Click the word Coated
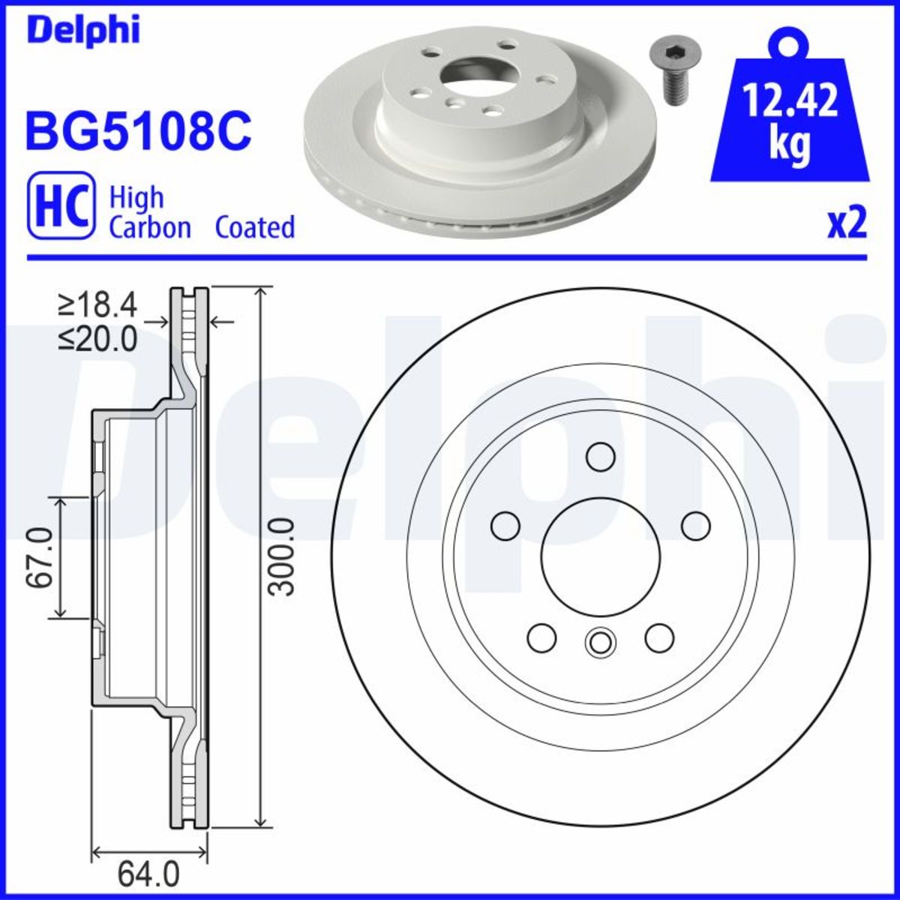coord(255,227)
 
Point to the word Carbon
coord(150,227)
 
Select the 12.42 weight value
coord(790,100)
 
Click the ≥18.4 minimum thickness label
coord(97,305)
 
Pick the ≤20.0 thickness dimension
coord(97,340)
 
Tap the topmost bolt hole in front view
coord(600,456)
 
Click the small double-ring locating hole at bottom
coord(599,641)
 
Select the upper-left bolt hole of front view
coord(505,525)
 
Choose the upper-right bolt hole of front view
coord(695,525)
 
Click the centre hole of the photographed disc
coord(475,73)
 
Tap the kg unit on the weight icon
coord(790,145)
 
